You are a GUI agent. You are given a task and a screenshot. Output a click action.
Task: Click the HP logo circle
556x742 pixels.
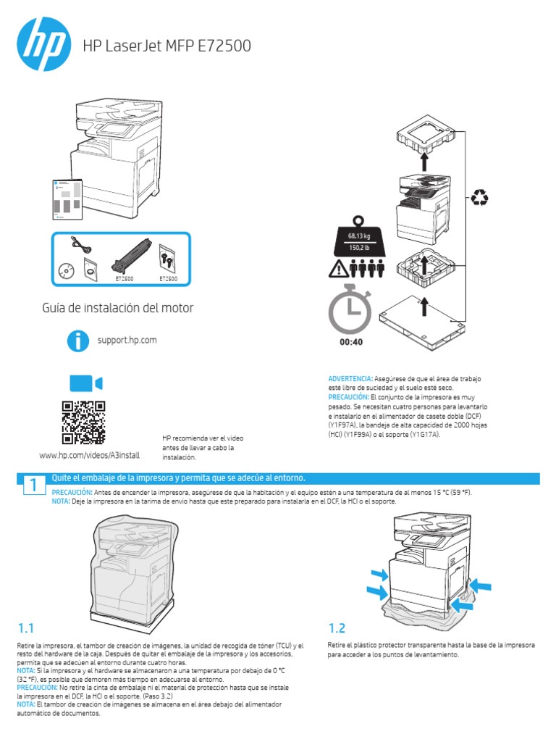pos(44,45)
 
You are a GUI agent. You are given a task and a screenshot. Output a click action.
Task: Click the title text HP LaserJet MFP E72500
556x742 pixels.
pos(167,46)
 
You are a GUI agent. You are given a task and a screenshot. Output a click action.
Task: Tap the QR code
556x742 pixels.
pos(84,422)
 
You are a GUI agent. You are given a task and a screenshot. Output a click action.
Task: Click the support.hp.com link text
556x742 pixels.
pos(127,340)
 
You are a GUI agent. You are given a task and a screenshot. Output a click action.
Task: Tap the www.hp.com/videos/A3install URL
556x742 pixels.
pos(89,455)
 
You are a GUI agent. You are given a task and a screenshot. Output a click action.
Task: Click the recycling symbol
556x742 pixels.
pos(479,197)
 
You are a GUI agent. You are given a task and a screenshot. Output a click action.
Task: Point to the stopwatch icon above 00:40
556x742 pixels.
pos(350,310)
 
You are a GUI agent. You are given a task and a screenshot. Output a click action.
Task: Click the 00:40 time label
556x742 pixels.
pos(351,342)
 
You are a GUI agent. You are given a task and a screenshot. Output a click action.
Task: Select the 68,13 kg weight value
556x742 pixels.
pos(356,236)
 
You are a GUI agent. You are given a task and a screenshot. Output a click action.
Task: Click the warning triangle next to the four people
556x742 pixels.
pos(338,270)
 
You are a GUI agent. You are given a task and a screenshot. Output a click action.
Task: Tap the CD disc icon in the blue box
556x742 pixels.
pos(67,270)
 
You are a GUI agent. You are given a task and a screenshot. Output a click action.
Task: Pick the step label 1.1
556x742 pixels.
pos(27,628)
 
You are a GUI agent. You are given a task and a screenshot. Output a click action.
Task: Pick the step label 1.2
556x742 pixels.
pos(338,628)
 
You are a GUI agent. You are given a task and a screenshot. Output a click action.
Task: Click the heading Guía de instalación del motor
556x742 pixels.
pos(119,308)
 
